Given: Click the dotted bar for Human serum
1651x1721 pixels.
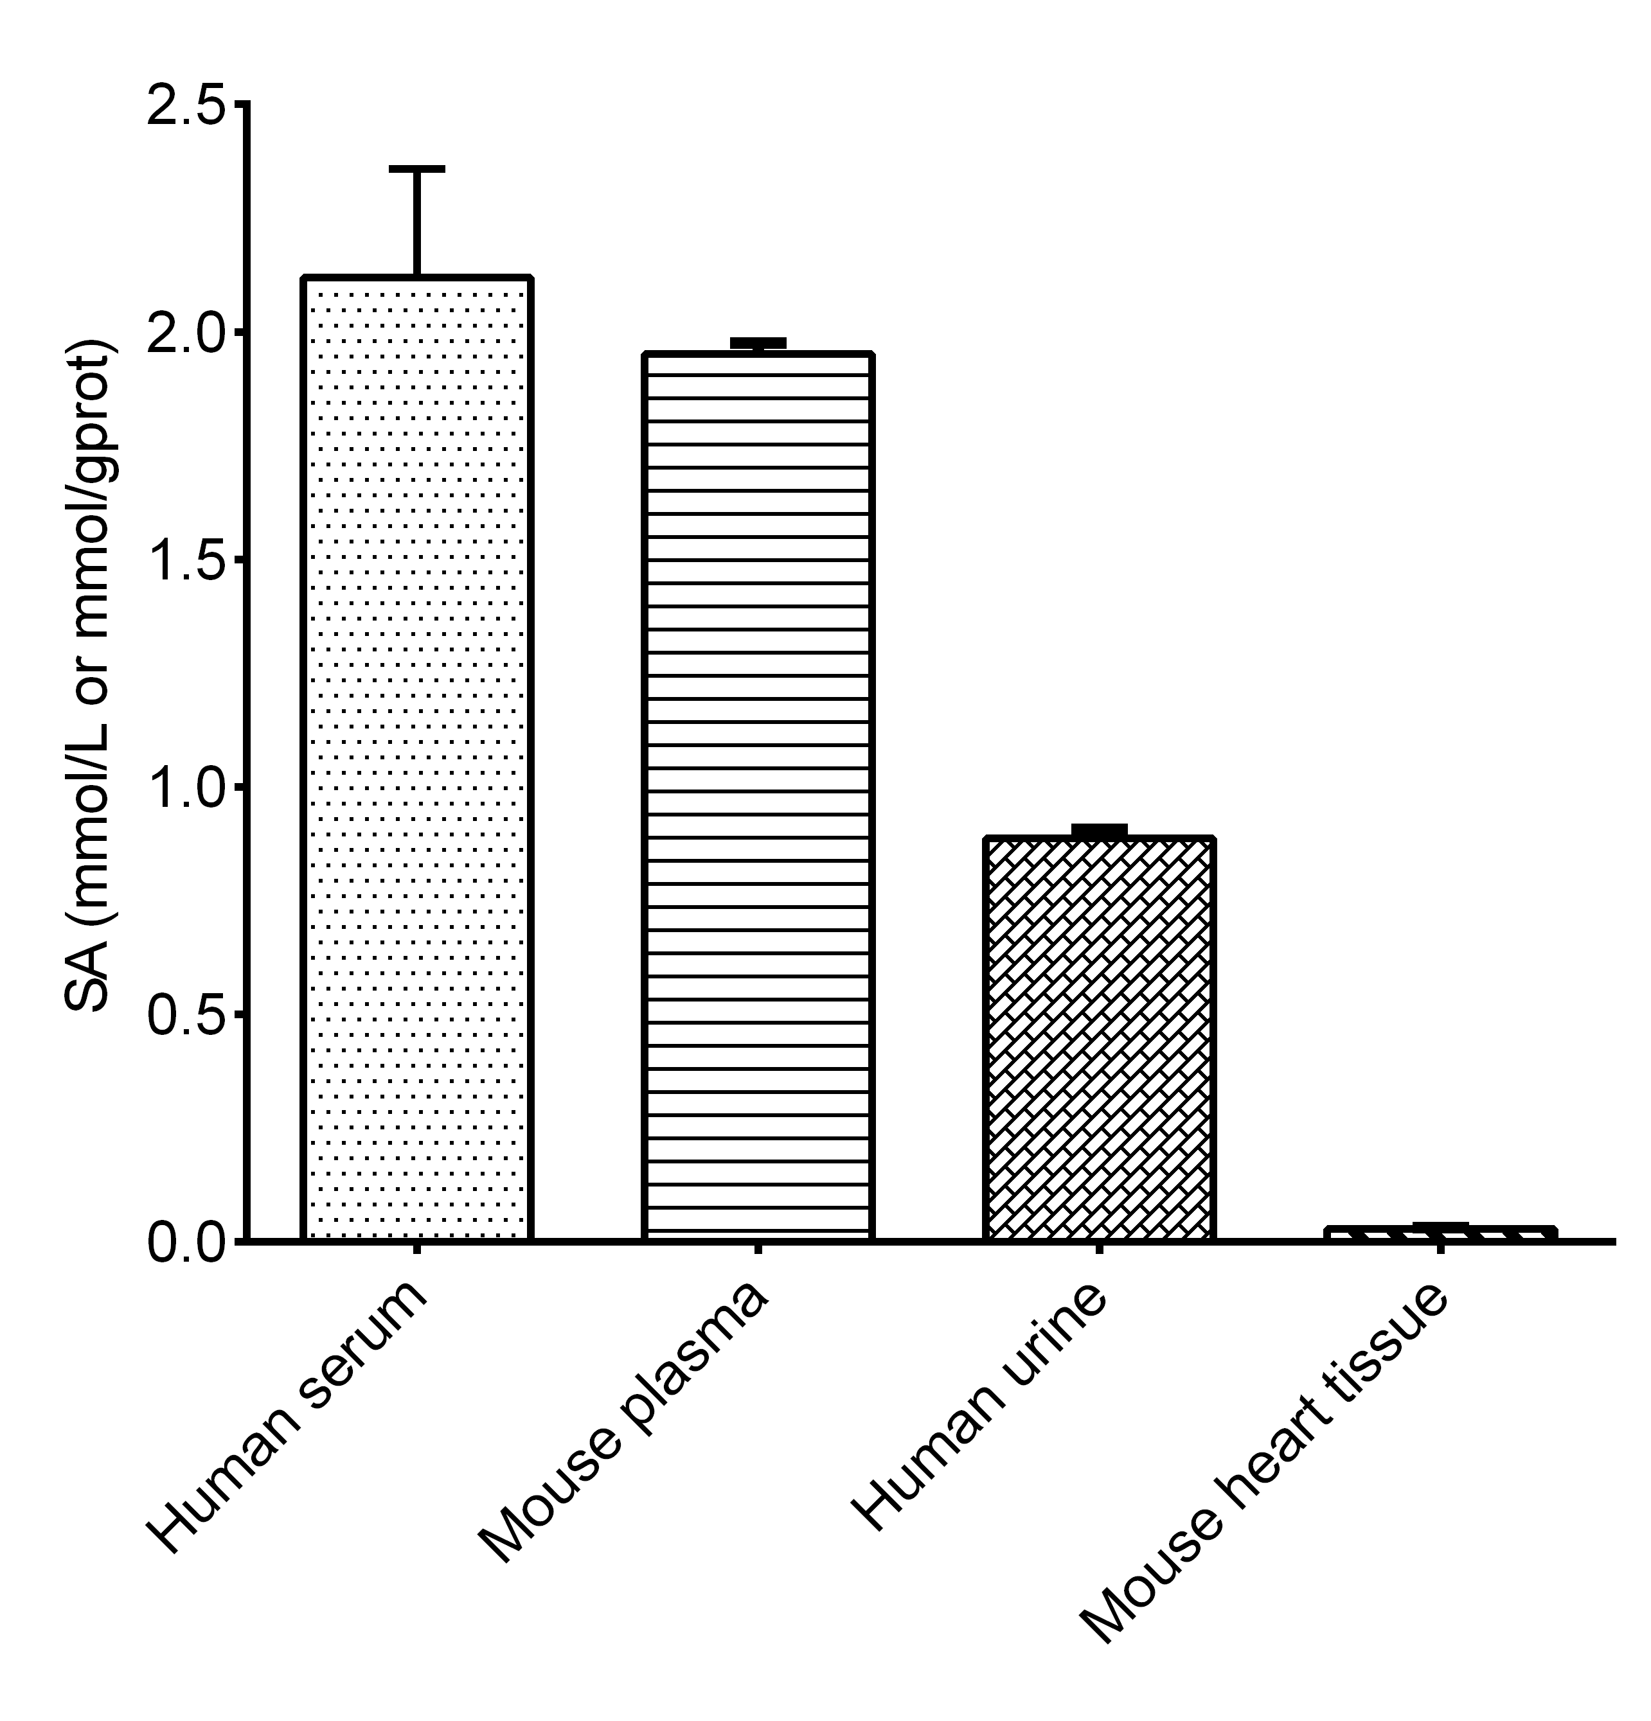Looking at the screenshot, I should tap(416, 759).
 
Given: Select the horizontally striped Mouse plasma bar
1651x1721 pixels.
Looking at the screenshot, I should tap(758, 797).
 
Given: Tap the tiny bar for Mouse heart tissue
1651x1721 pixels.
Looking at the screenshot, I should tap(1440, 1233).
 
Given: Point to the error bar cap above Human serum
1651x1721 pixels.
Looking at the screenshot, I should tap(416, 168).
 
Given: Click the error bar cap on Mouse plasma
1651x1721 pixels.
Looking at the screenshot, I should tap(758, 342).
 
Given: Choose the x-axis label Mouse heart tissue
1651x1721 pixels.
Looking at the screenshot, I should tap(1265, 1462).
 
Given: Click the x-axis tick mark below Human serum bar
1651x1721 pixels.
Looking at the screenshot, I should tap(416, 1250).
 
